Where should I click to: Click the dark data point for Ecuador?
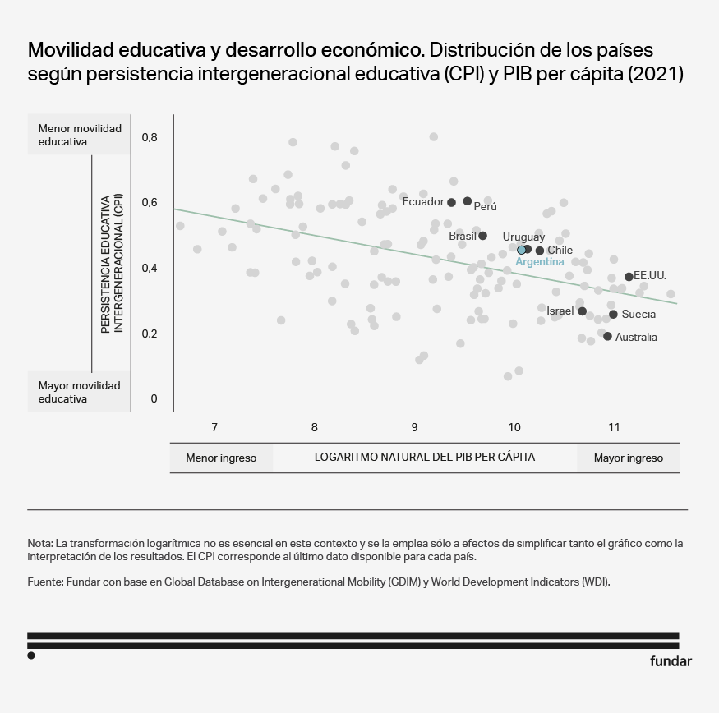(451, 202)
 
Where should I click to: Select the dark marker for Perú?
(468, 201)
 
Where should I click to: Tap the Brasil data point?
(483, 236)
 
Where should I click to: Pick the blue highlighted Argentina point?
(521, 250)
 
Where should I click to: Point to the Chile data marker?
(540, 251)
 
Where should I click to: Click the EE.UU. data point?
(629, 277)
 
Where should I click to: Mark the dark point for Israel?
(582, 311)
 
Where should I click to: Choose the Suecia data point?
(613, 314)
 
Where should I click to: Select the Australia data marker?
(607, 336)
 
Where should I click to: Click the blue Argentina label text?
(539, 262)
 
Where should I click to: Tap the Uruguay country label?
(523, 237)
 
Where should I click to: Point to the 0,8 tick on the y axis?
(149, 137)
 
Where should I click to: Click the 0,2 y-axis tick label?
(149, 334)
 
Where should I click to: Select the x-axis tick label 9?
(414, 427)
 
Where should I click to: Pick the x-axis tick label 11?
(614, 427)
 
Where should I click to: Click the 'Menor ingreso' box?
(221, 458)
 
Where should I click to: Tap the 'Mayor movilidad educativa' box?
(79, 392)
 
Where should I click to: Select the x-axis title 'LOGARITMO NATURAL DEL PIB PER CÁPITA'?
(425, 457)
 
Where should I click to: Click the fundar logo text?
(671, 661)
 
